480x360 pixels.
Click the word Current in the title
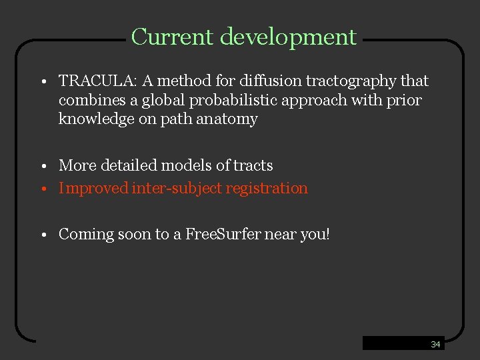[x=173, y=37]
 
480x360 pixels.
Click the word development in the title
[x=288, y=37]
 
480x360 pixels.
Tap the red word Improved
[x=93, y=189]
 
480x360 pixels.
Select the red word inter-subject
[x=177, y=189]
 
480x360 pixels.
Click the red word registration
[x=267, y=189]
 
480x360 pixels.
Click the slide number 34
[x=435, y=345]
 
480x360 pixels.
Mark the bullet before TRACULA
[x=41, y=83]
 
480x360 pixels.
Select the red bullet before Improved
[x=41, y=189]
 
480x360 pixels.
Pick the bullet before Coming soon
[x=41, y=235]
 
